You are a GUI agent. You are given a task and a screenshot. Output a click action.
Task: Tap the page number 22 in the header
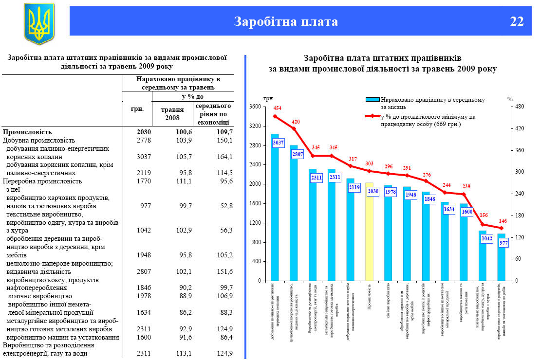click(517, 21)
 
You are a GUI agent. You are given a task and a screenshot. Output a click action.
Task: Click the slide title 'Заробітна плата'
click(286, 21)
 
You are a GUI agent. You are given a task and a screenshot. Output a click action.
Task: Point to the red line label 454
click(277, 108)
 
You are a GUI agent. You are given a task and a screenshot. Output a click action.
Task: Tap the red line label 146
click(502, 220)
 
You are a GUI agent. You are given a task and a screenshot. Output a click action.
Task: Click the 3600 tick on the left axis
click(255, 107)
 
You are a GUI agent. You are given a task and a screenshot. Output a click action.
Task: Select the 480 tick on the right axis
click(520, 107)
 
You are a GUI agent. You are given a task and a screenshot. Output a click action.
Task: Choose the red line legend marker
click(372, 116)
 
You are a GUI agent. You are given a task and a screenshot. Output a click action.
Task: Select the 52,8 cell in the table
click(224, 206)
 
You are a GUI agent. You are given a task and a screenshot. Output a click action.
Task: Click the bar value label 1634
click(448, 210)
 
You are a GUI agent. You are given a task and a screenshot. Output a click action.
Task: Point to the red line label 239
click(466, 187)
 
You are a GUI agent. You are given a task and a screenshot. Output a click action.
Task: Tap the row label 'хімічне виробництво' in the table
click(40, 296)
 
